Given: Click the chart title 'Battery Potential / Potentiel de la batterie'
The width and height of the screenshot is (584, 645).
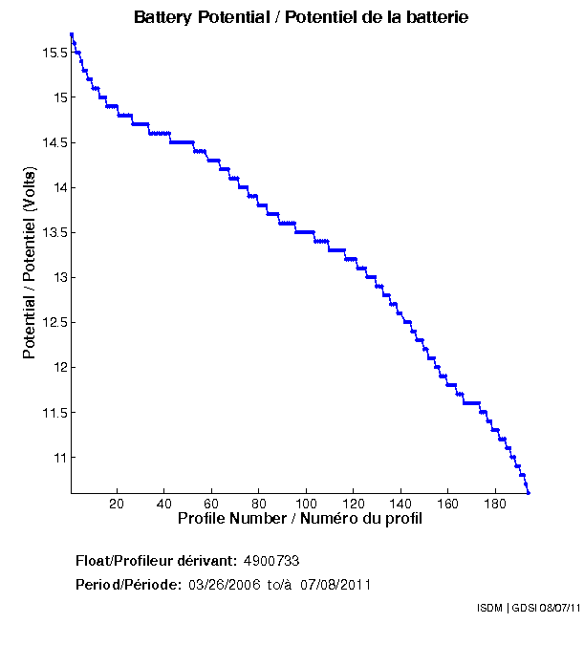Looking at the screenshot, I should point(301,17).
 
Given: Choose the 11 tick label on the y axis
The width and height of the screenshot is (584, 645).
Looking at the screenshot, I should point(60,458).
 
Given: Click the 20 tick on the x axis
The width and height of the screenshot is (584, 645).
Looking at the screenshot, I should point(117,504).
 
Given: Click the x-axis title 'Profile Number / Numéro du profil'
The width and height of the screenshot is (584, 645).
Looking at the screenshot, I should point(300,519).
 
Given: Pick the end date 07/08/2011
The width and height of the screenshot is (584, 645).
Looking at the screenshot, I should point(335,584).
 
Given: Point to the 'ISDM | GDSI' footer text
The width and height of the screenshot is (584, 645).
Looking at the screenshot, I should point(508,608).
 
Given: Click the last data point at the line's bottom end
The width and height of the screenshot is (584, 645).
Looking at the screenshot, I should point(528,493).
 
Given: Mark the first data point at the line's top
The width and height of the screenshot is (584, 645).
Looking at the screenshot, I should point(72,34).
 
